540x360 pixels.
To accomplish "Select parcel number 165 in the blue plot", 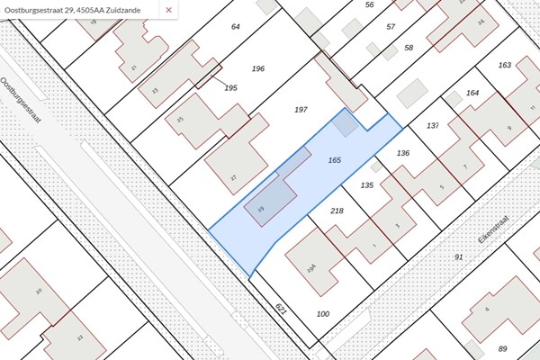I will pyautogui.click(x=335, y=159).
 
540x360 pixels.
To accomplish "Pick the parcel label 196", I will pyautogui.click(x=258, y=68).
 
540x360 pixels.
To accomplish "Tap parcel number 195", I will pyautogui.click(x=230, y=87).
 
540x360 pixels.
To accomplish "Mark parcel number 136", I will pyautogui.click(x=403, y=153).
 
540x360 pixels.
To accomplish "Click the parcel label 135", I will pyautogui.click(x=366, y=184).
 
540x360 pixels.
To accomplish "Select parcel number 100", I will pyautogui.click(x=323, y=313).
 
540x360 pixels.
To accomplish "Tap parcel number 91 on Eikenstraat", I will pyautogui.click(x=458, y=257).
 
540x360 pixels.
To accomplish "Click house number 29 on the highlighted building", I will pyautogui.click(x=261, y=209).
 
